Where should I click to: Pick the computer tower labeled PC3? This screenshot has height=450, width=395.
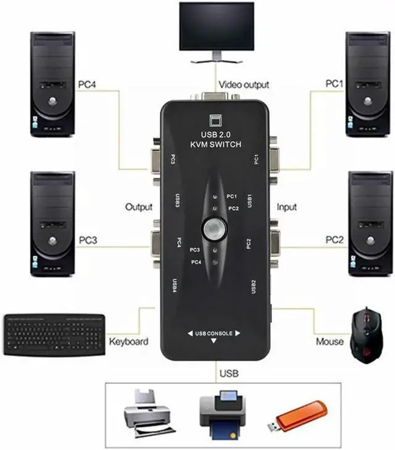click(52, 222)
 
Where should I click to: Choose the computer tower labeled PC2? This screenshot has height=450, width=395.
click(370, 222)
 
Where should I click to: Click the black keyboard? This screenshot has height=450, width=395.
click(54, 335)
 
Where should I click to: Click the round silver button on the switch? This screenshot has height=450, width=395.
click(215, 229)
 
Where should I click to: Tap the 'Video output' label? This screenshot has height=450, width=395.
click(243, 85)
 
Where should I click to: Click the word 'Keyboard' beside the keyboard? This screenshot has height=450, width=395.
click(128, 341)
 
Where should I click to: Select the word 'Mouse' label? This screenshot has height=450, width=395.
click(330, 341)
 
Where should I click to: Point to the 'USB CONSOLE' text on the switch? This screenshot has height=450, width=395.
click(214, 334)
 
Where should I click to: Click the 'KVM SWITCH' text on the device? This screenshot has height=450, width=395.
click(217, 145)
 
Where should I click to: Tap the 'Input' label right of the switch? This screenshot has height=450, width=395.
click(286, 207)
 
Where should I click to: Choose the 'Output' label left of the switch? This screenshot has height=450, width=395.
click(139, 207)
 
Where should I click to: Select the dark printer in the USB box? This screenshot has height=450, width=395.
click(222, 414)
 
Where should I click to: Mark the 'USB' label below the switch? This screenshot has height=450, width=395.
click(228, 374)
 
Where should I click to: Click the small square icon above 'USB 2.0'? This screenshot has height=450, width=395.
click(216, 120)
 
